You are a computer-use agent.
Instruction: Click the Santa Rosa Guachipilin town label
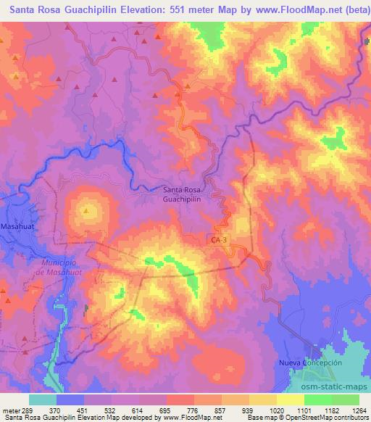[182, 194]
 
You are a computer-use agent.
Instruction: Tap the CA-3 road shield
[217, 239]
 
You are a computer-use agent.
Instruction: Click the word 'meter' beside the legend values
[13, 410]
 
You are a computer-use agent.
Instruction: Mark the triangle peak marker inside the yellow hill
[86, 212]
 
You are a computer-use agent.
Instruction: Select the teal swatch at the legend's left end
[43, 400]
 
